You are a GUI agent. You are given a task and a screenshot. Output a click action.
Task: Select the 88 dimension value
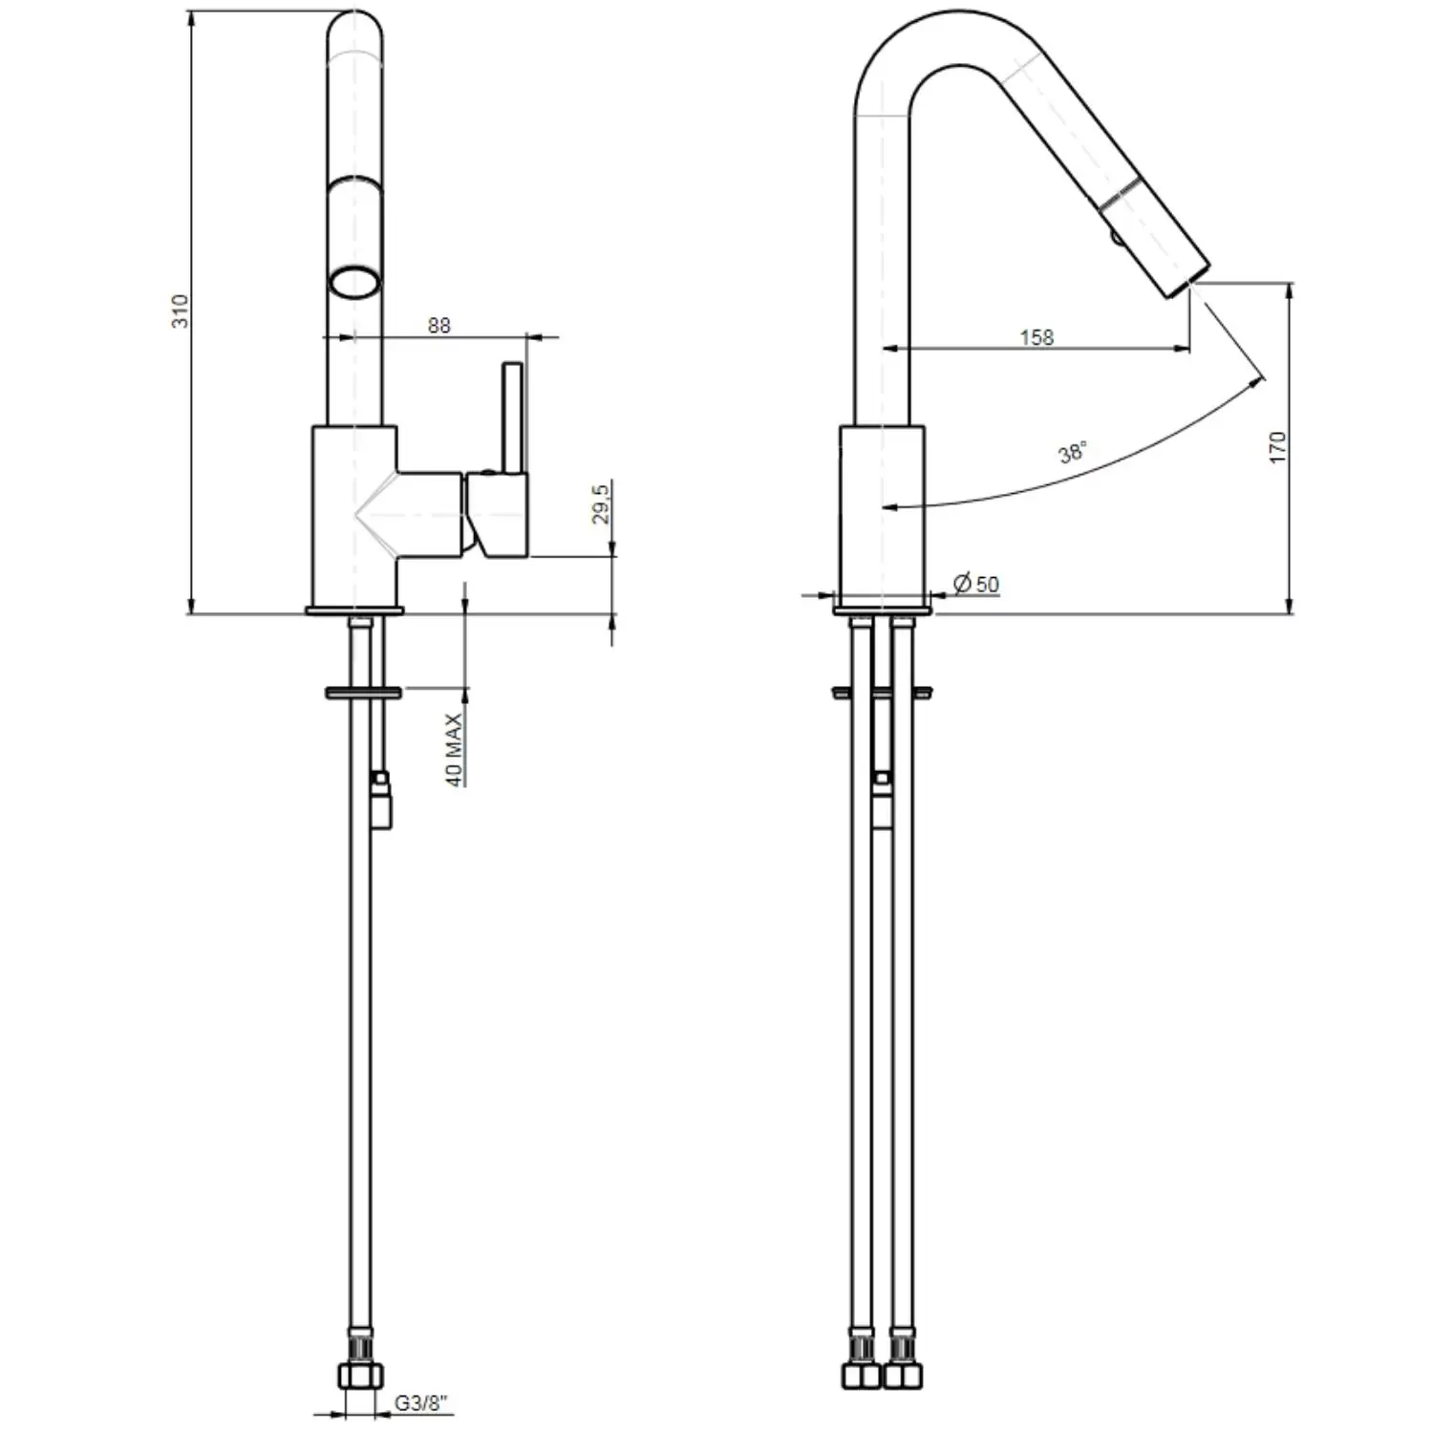[x=438, y=326]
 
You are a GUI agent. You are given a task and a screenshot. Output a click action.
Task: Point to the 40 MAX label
[x=455, y=749]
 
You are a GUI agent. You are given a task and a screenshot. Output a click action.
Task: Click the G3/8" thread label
[x=422, y=1403]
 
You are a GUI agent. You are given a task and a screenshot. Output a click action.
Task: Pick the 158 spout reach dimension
[x=1037, y=337]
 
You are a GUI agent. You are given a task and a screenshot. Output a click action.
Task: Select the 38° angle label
[x=1073, y=452]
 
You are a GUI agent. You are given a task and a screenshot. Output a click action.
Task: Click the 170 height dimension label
[x=1278, y=448]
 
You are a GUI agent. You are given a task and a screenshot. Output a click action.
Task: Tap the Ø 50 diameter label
[x=976, y=583]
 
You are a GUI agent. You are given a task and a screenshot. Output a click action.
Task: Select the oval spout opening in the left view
[x=355, y=283]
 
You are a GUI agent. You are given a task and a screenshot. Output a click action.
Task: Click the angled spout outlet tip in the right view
[x=1187, y=278]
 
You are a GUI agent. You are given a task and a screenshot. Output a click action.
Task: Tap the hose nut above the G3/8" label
[x=360, y=1376]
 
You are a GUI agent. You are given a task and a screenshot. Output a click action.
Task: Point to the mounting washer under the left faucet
[x=364, y=691]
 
